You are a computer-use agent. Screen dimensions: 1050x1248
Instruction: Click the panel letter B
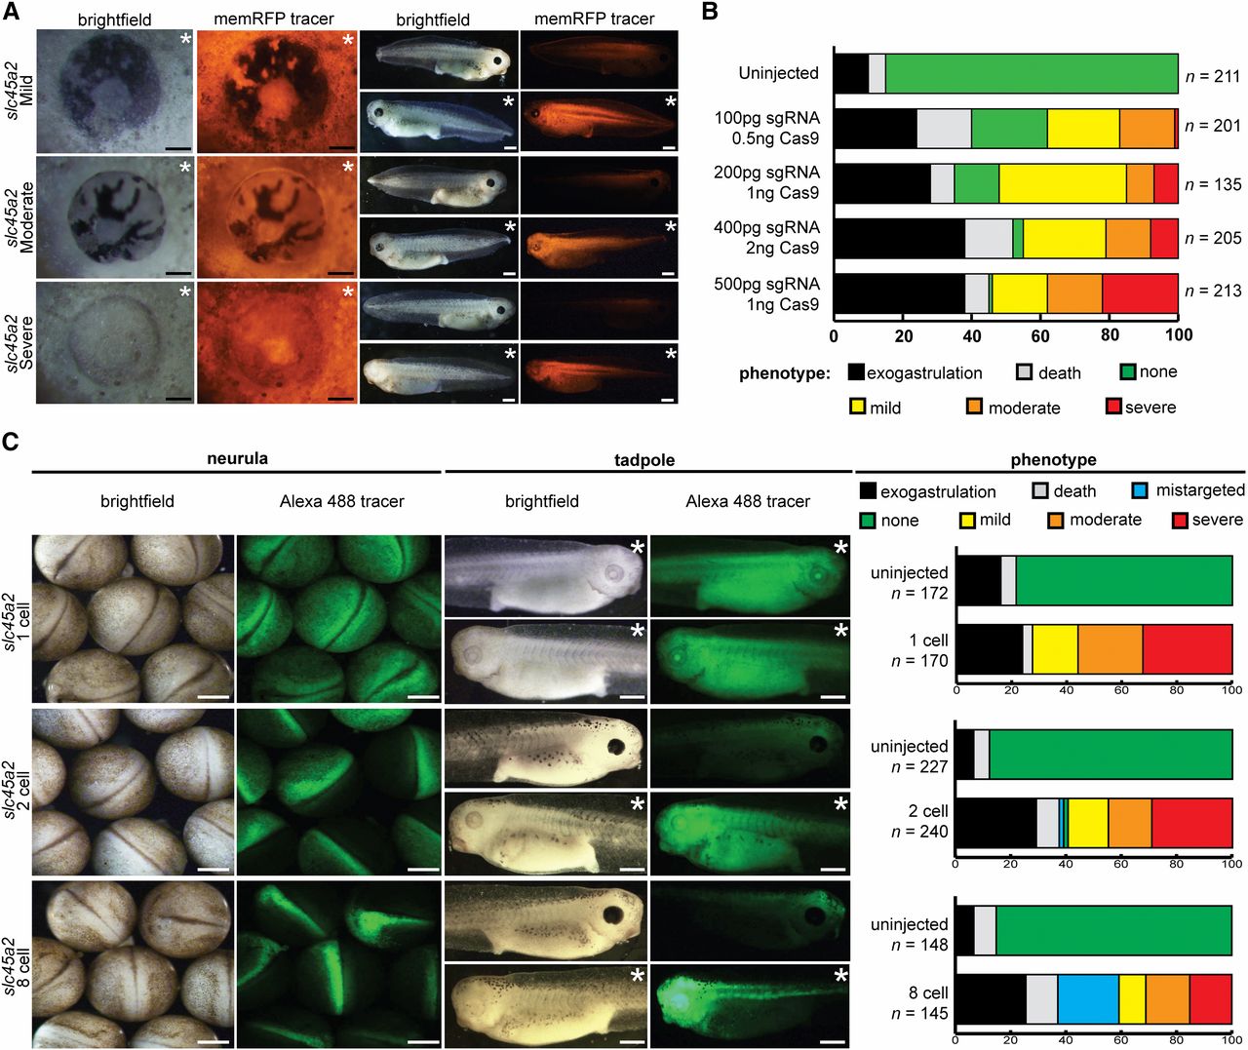pos(710,12)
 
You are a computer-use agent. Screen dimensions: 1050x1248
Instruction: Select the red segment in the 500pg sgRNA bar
pos(1140,293)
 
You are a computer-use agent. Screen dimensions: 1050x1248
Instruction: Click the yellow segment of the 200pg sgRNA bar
pos(1062,183)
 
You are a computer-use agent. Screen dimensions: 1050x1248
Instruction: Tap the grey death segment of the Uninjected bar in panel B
pos(877,73)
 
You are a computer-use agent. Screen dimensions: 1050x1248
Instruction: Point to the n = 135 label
pos(1213,183)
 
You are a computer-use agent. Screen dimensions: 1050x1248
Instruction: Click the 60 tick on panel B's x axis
pos(1040,335)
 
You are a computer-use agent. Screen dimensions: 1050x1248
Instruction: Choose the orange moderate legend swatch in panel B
pos(974,407)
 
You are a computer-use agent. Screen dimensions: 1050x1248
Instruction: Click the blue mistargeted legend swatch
pos(1139,490)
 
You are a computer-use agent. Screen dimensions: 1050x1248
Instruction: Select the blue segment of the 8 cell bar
pos(1088,998)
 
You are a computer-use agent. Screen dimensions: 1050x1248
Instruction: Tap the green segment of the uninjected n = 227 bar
pos(1111,754)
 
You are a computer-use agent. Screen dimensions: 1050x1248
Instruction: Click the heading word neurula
pos(237,459)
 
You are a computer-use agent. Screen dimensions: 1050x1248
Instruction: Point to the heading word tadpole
pos(644,460)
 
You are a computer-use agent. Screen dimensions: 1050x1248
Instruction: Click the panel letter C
pos(11,442)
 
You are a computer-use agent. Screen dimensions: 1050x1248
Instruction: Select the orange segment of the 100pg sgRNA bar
pos(1147,129)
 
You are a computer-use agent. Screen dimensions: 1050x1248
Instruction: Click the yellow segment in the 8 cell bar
pos(1132,998)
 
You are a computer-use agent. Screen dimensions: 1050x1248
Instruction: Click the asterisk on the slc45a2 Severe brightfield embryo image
pos(185,292)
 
